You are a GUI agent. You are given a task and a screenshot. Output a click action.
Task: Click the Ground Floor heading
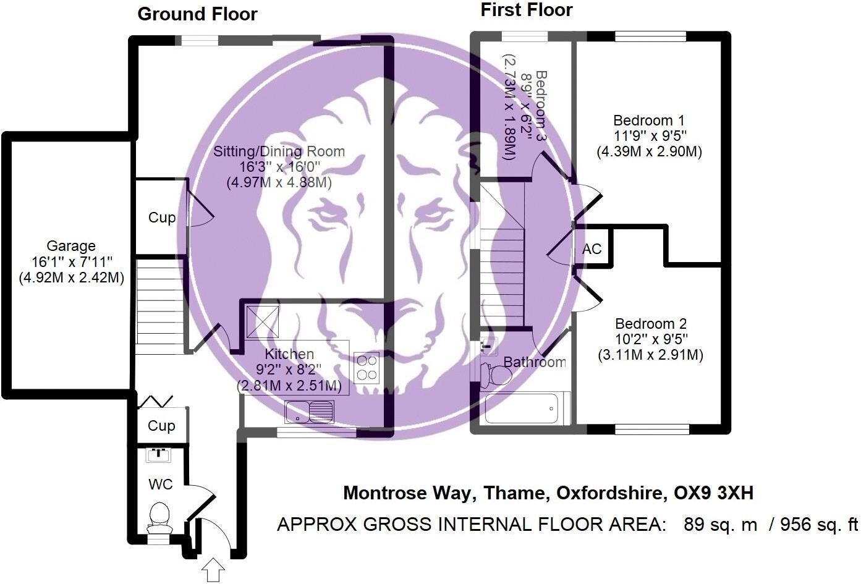pos(197,14)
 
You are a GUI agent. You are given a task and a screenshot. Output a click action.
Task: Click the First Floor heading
pos(526,10)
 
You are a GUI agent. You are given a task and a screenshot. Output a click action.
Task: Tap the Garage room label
pos(71,246)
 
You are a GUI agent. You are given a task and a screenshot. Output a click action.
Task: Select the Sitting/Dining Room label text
pos(279,151)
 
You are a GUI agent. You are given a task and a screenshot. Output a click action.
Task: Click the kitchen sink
pos(310,410)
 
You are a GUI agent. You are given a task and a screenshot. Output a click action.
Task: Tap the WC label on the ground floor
pos(160,485)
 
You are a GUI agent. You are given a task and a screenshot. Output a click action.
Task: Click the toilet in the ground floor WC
pos(159,517)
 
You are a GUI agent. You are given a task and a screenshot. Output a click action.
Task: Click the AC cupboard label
pos(592,249)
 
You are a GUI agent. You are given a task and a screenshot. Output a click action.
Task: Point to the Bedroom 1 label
pos(648,121)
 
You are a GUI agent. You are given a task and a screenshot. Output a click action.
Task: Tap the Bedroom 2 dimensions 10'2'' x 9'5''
pos(650,339)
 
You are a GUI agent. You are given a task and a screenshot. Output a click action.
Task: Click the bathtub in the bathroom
pos(521,408)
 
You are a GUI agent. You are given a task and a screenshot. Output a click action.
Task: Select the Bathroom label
pos(535,362)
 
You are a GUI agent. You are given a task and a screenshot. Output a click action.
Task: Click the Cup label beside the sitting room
pos(161,218)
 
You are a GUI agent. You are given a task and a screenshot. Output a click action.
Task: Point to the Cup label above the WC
pos(161,426)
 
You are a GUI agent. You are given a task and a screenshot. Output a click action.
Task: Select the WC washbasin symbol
pos(159,454)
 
